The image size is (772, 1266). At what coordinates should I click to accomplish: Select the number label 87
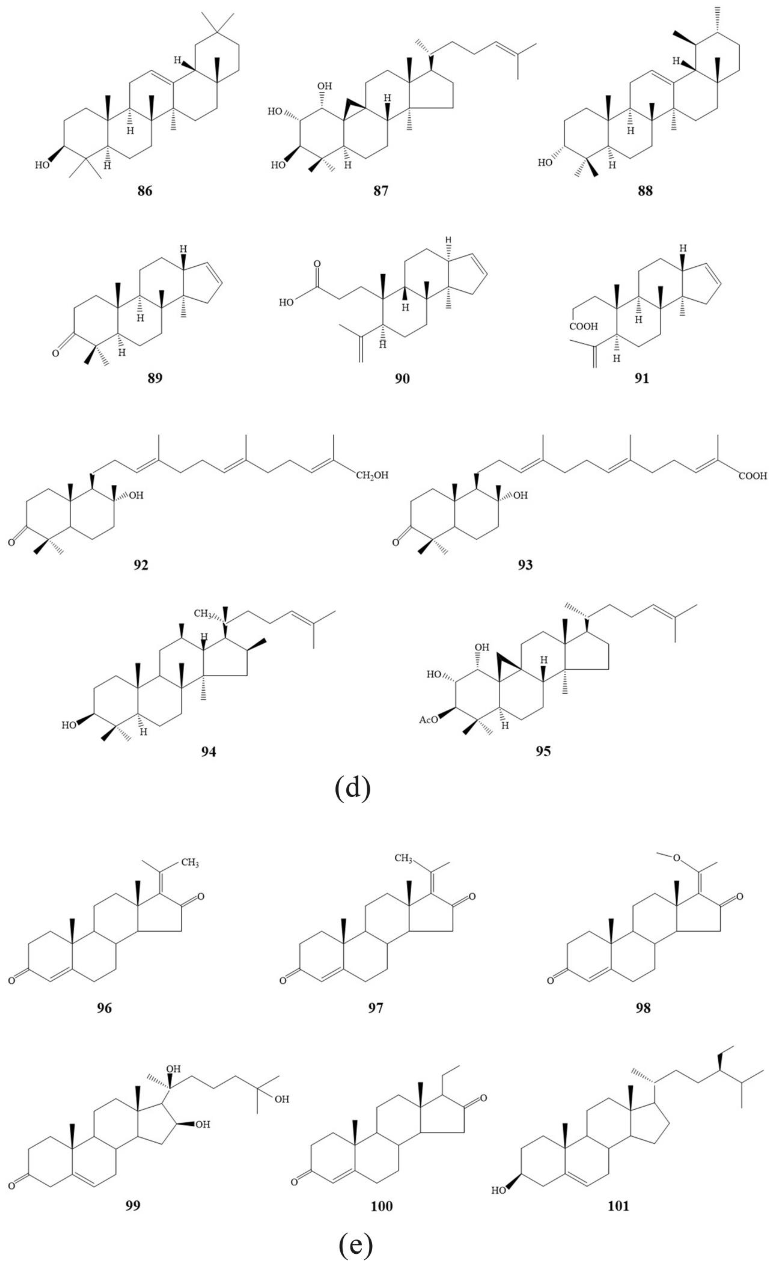click(x=381, y=192)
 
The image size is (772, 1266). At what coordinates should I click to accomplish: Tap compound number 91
click(x=642, y=379)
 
